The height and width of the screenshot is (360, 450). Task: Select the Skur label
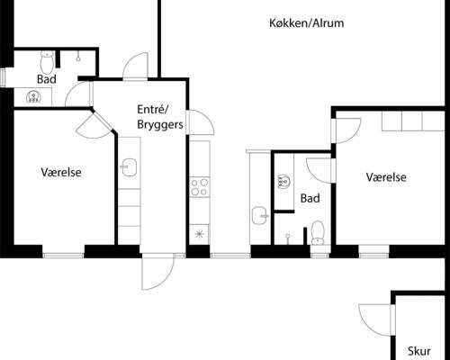point(419,351)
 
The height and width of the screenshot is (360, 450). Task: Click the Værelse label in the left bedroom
point(62,172)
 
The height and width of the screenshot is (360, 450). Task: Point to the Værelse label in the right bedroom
point(386,177)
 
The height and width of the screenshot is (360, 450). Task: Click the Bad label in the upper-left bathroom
point(47,79)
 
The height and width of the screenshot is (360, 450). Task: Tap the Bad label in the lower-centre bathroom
point(310,198)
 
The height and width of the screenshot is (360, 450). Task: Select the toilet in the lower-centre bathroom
point(317,233)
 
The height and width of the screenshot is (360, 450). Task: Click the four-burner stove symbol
point(199,188)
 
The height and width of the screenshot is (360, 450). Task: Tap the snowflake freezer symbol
point(199,233)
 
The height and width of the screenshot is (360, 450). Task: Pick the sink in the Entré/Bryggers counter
point(129,166)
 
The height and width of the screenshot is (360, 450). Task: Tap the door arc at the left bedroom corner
point(94,124)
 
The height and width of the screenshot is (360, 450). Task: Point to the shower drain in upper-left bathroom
point(80,57)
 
